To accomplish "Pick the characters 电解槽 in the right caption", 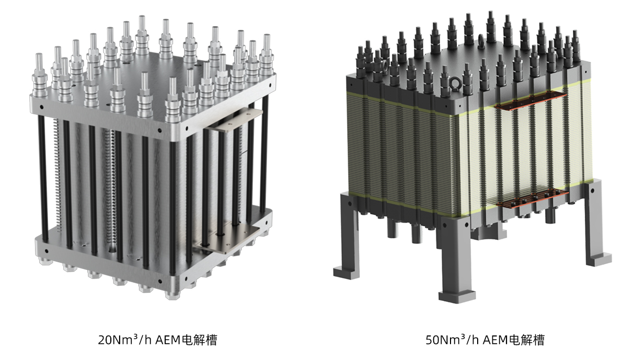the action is (527, 340).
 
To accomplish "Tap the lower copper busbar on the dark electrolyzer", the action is (533, 199).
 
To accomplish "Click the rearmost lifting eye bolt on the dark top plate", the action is (481, 41).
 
